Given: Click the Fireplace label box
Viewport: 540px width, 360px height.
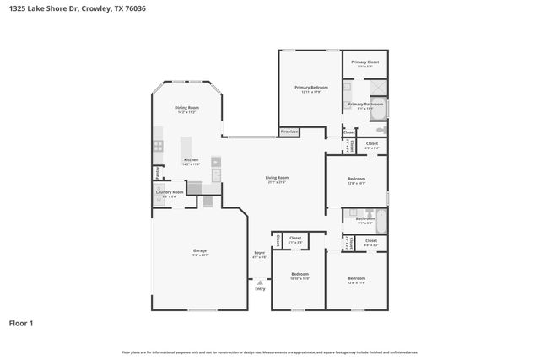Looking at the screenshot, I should point(289,132).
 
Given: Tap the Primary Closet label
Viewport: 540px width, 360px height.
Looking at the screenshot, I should point(364,62).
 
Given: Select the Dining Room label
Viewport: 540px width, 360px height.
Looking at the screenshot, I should point(186,108).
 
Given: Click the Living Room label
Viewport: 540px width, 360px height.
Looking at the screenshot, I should point(277,178).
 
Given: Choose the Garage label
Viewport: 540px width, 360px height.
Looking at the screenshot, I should point(199,251).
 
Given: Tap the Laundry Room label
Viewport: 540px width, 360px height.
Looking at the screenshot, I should point(169,192).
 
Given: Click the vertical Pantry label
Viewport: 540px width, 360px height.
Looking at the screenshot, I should point(156,173).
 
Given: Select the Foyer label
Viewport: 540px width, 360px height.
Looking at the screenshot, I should point(260,253).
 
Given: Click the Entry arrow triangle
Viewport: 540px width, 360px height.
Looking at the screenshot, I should point(260,282).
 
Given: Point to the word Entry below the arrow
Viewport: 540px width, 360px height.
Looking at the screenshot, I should point(260,289).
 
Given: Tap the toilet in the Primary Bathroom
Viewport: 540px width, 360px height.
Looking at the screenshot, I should point(381,132).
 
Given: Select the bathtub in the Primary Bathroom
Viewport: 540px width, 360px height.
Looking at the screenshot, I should point(379,110).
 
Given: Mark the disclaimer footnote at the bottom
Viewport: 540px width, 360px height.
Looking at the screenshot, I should point(269,352).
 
